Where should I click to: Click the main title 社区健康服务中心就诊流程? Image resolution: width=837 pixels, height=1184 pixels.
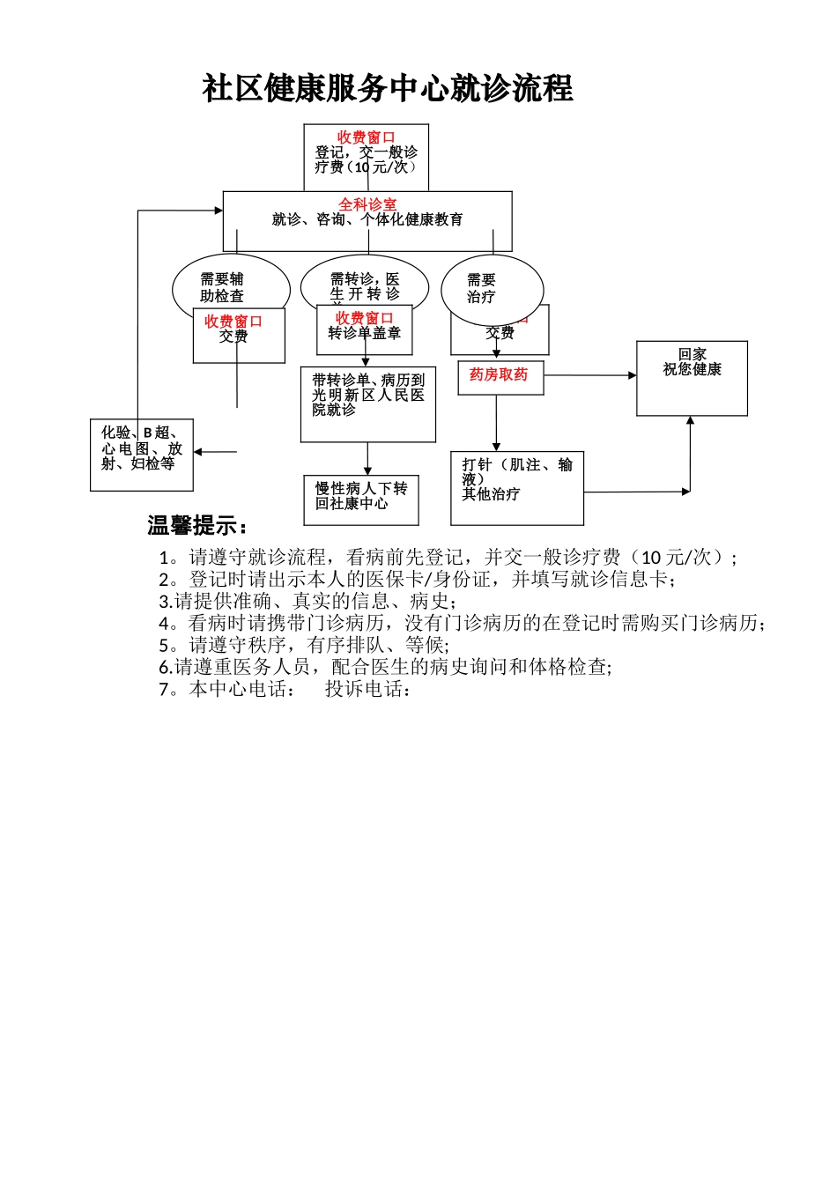coord(388,88)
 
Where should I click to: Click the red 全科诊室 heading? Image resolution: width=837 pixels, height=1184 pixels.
coord(367,204)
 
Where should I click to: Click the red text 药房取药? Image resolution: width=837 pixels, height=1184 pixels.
coord(499,375)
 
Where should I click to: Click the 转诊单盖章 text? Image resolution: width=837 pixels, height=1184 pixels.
coord(364,334)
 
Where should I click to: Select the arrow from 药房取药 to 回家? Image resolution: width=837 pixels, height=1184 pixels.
coord(590,375)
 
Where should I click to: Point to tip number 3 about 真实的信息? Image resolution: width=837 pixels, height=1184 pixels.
coord(307,602)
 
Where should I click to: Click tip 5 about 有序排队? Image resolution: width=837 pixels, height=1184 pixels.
coord(304,646)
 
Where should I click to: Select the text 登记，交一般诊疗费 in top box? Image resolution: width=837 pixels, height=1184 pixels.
coord(367,159)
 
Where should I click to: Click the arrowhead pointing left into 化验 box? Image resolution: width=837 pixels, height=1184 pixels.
coord(198,452)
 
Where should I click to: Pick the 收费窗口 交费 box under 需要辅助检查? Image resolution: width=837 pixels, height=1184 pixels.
coord(239,335)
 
